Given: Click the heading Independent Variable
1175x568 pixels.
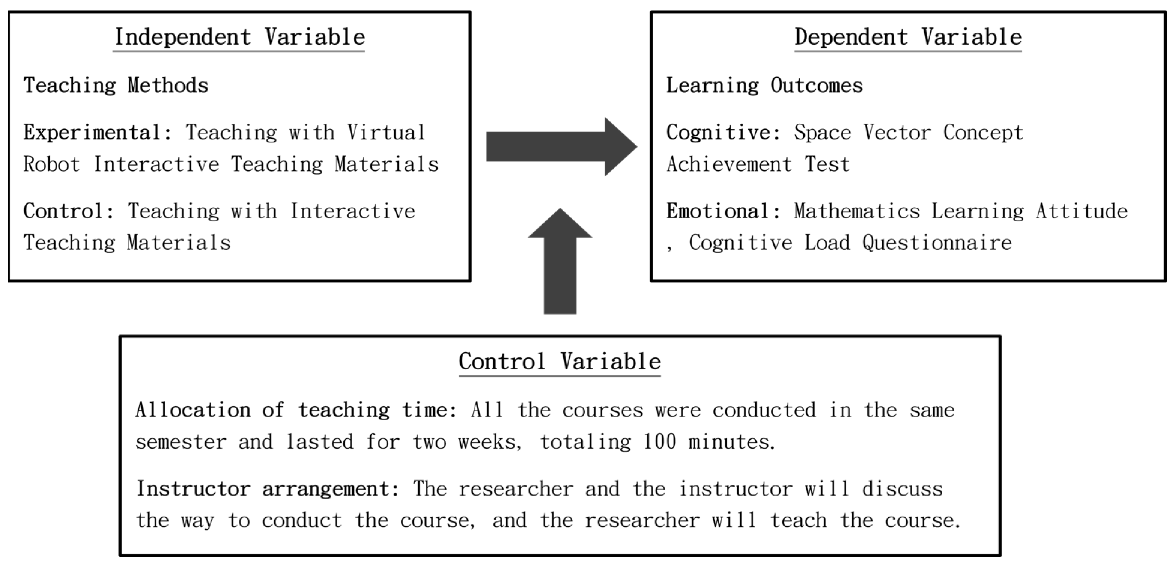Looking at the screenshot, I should [x=239, y=38].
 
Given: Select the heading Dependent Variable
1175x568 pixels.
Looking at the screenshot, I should [x=908, y=38].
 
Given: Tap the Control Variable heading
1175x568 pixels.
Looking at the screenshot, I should [x=560, y=362].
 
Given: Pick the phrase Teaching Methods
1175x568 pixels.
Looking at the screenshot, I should [x=116, y=86].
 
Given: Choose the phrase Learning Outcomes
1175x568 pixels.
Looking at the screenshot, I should [x=764, y=86].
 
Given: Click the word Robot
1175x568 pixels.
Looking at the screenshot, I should [x=51, y=164].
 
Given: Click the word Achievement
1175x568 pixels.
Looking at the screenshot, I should [x=729, y=164].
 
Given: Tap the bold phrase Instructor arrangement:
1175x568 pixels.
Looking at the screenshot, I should [x=268, y=489].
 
